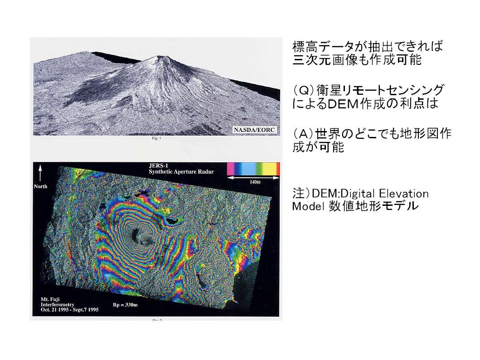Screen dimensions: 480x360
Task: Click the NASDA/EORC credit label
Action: [254, 130]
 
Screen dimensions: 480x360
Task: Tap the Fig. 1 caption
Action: [156, 138]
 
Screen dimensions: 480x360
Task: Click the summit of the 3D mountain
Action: [160, 57]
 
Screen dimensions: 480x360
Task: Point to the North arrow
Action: [40, 173]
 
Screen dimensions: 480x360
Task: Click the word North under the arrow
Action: [41, 186]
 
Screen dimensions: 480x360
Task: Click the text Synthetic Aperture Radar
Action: [181, 172]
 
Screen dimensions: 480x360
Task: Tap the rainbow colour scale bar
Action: [253, 169]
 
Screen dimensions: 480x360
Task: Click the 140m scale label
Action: [255, 182]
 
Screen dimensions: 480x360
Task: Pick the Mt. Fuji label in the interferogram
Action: [50, 299]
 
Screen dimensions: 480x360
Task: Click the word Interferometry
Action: [58, 305]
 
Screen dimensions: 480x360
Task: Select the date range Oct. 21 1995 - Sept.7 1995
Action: [70, 310]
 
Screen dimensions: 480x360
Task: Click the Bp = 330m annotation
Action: [125, 305]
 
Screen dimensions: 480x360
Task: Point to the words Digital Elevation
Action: [384, 194]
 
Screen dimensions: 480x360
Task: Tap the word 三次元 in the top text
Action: [312, 60]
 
